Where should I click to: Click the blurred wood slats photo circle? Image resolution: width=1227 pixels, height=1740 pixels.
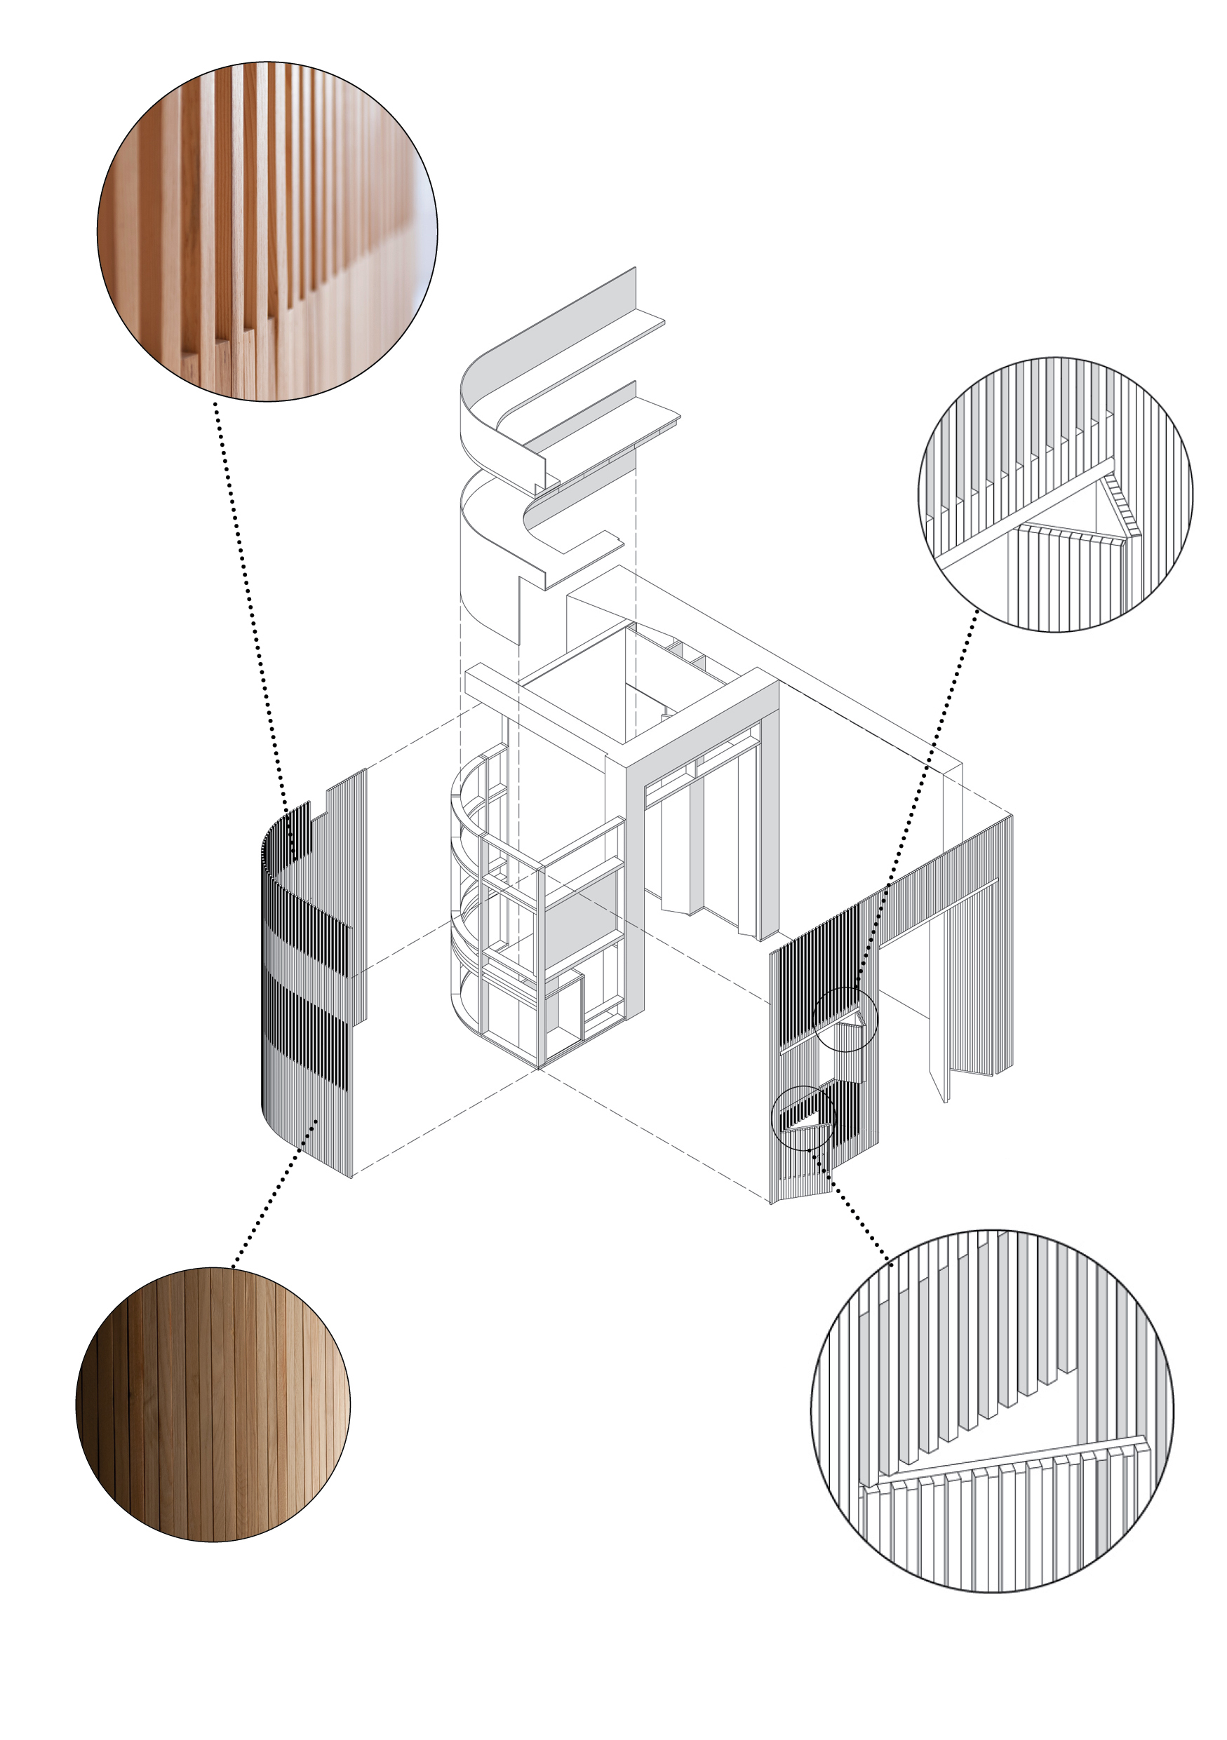tap(267, 231)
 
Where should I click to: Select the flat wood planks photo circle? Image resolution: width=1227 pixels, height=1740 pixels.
tap(213, 1404)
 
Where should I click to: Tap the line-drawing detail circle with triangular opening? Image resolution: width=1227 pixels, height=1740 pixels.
tap(1055, 494)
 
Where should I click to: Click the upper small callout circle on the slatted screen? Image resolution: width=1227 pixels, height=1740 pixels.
tap(845, 1019)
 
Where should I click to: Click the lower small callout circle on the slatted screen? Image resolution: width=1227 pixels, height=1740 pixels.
tap(803, 1118)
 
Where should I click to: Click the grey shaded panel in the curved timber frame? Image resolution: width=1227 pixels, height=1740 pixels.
tap(584, 921)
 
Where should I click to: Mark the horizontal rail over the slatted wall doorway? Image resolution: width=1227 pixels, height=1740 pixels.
tap(940, 913)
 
